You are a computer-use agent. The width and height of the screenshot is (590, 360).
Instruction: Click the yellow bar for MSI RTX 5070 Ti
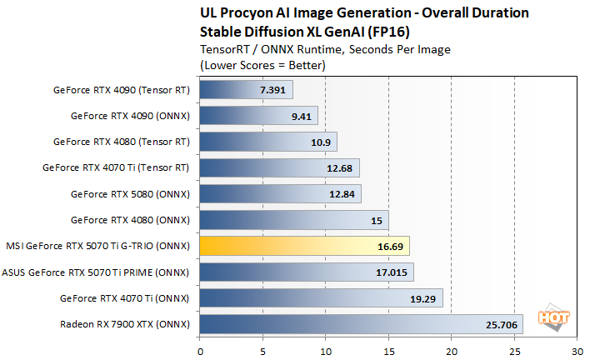pyautogui.click(x=304, y=246)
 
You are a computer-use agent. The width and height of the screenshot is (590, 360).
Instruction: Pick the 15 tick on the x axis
pyautogui.click(x=388, y=351)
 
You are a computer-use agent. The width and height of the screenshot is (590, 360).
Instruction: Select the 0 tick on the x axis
pyautogui.click(x=200, y=351)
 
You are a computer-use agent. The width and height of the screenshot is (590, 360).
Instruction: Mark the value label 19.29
pyautogui.click(x=422, y=298)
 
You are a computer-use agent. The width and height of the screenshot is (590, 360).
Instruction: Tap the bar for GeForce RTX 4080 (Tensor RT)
pyautogui.click(x=268, y=142)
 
